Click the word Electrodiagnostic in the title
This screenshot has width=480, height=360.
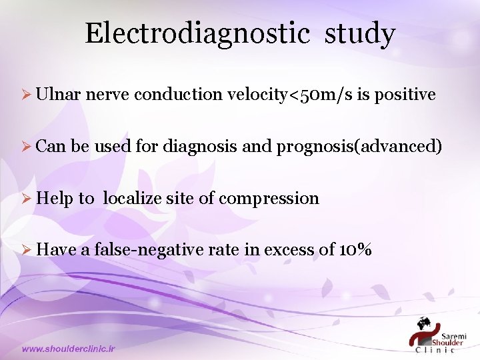[197, 33]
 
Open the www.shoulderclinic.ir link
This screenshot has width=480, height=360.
[69, 349]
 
